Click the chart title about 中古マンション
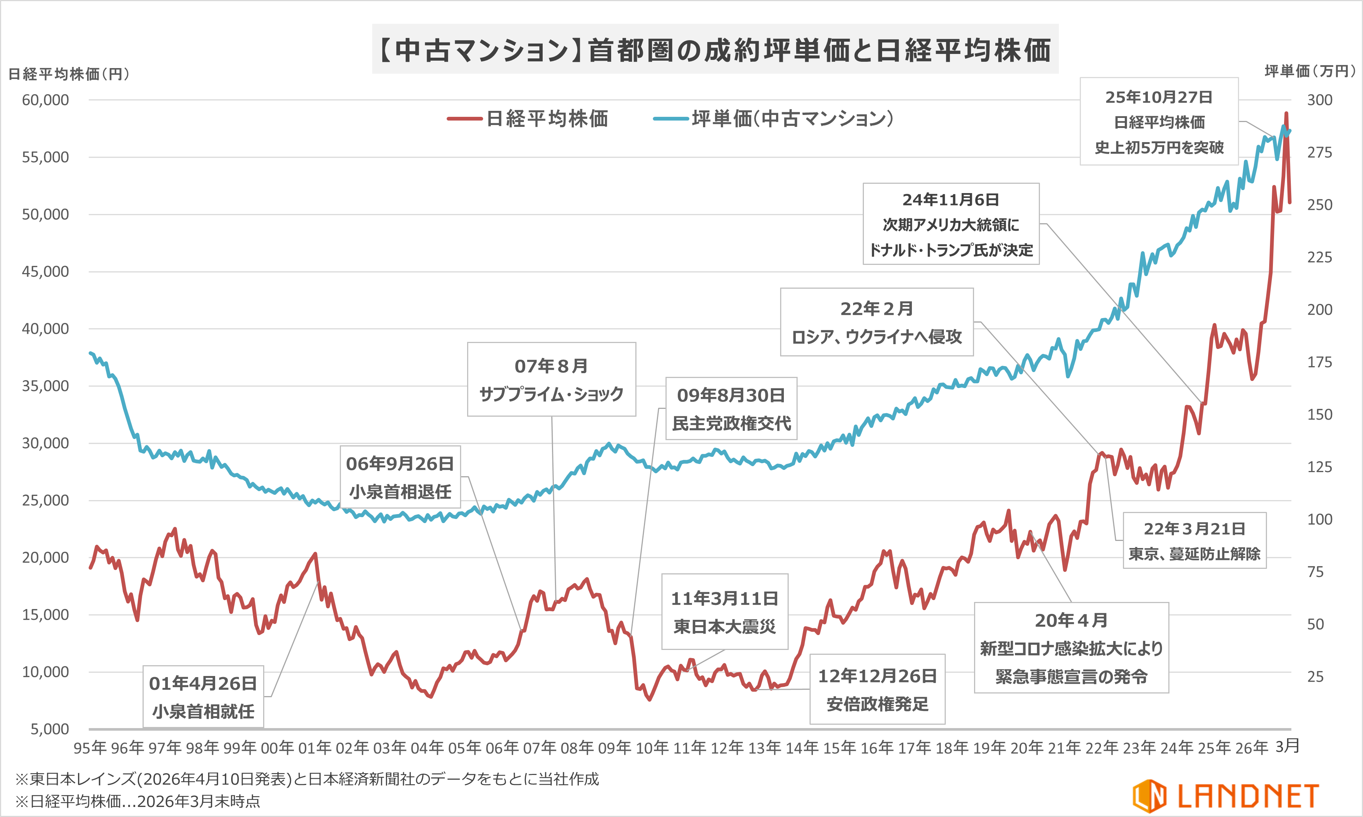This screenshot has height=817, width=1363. click(x=715, y=49)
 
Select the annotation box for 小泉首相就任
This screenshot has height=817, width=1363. click(x=203, y=697)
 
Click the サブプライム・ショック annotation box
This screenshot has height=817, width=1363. click(x=551, y=379)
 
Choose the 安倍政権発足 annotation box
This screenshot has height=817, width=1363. click(x=877, y=689)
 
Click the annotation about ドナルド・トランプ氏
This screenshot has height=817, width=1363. click(x=951, y=224)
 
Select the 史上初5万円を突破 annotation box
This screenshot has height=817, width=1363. click(x=1159, y=122)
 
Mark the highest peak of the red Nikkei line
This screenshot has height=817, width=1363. click(x=1286, y=113)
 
